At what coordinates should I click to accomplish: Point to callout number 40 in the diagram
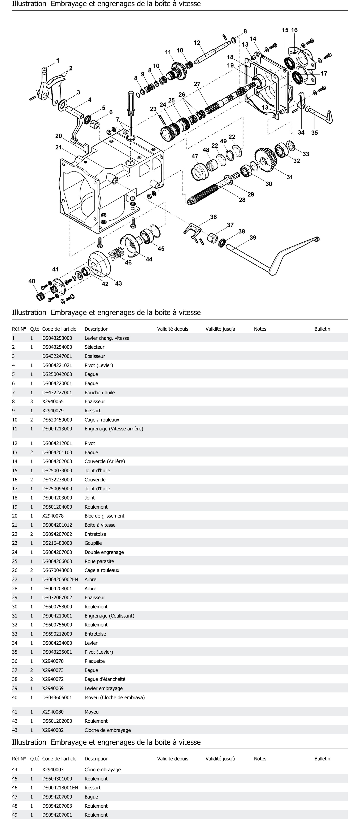[32, 281]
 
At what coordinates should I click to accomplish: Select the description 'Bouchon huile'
[100, 392]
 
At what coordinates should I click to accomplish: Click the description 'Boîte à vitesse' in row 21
[100, 525]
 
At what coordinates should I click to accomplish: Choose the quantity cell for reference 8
[31, 402]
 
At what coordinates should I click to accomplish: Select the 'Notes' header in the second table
[260, 759]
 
